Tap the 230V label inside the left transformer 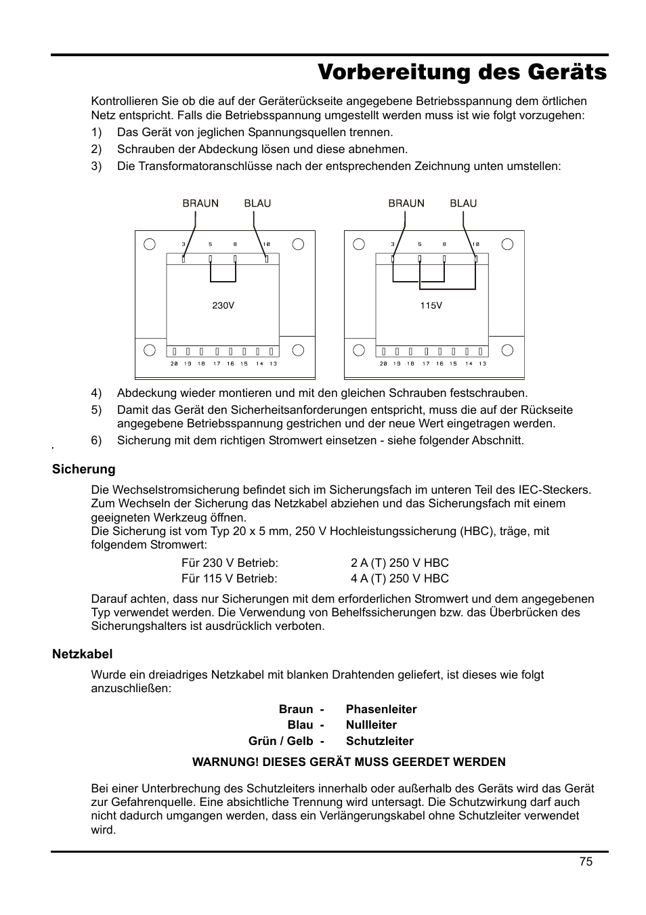[223, 305]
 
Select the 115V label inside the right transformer [431, 305]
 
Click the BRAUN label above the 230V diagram [200, 203]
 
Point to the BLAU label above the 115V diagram [463, 203]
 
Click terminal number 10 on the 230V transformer [266, 244]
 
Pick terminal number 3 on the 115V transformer [393, 244]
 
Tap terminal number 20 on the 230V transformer [174, 364]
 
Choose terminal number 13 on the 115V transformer [482, 364]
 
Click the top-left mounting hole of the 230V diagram [150, 244]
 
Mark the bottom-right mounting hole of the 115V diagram [507, 350]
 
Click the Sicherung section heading [84, 469]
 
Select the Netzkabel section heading [83, 654]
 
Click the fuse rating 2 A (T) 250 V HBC [400, 563]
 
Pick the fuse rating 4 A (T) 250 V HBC [400, 578]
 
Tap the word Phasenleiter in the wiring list [381, 709]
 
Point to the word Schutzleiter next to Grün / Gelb [379, 741]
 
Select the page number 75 [586, 861]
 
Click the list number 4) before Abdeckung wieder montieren [96, 393]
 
